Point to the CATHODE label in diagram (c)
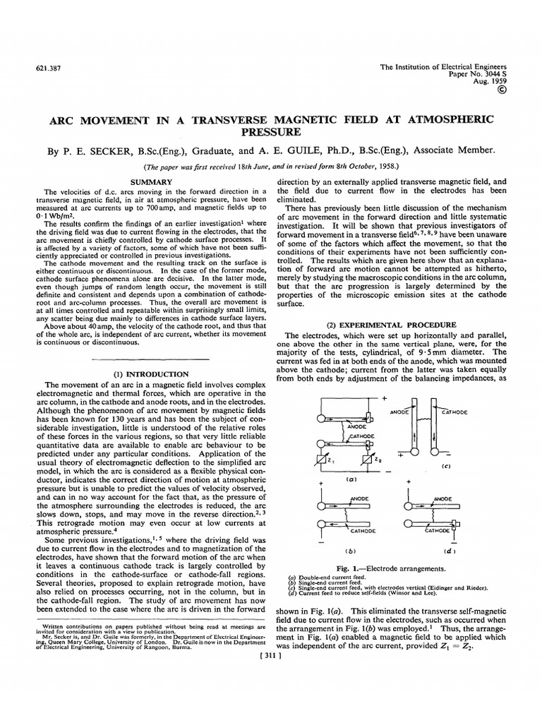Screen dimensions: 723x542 (459, 411)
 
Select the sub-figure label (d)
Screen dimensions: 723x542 (449, 551)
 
